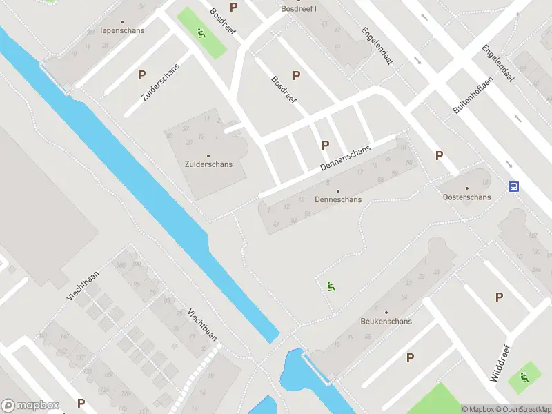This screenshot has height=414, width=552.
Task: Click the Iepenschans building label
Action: click(x=121, y=30)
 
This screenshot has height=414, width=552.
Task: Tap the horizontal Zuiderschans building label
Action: click(x=208, y=164)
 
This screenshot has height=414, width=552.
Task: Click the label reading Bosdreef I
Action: click(x=299, y=9)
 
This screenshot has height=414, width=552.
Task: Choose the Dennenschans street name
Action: click(x=345, y=159)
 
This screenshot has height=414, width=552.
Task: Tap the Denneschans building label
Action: click(x=338, y=199)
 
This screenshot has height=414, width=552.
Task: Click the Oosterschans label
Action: click(x=467, y=197)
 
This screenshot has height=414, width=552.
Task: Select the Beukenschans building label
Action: click(x=386, y=322)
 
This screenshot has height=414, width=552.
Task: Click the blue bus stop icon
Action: click(x=513, y=186)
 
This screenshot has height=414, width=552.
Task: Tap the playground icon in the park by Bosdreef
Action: click(x=201, y=32)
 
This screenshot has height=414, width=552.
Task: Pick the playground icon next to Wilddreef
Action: click(x=524, y=377)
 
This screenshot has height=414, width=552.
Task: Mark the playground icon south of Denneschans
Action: click(x=331, y=286)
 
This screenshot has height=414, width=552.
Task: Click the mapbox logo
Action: click(x=30, y=406)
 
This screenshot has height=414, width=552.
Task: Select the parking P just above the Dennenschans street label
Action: click(x=324, y=145)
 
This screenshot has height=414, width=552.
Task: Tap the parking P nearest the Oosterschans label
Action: click(x=439, y=156)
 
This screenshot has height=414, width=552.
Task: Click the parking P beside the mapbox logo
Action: click(x=81, y=403)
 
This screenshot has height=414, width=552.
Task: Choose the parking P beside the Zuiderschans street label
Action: click(x=141, y=75)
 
